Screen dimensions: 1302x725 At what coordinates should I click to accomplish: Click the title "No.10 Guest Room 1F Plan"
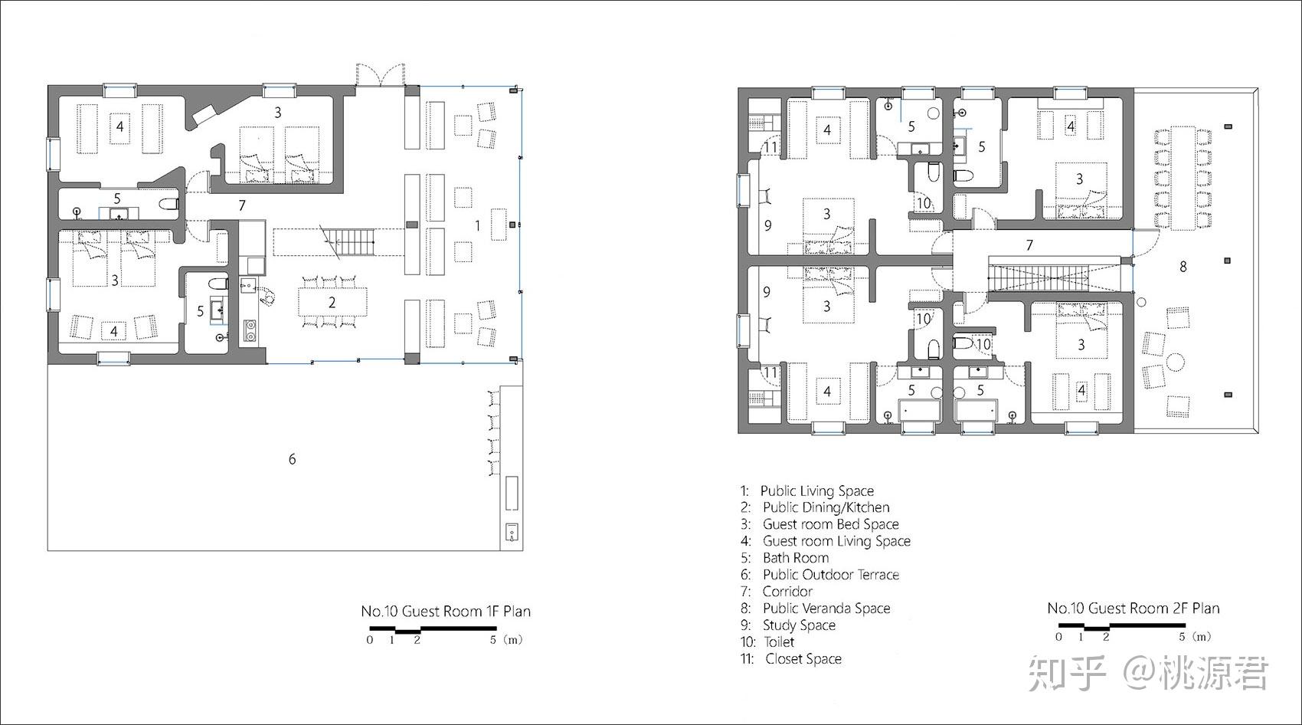tap(445, 611)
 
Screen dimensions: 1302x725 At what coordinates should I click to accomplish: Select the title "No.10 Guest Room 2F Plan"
tap(1133, 608)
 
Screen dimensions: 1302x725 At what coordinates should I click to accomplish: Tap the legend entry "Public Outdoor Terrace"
tap(831, 575)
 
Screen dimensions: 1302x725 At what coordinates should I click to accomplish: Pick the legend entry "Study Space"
tap(799, 625)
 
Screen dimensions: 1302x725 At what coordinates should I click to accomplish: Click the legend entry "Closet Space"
tap(803, 658)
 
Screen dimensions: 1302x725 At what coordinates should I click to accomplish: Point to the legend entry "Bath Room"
tap(796, 558)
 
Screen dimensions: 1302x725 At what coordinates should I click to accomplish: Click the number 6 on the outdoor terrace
tap(293, 459)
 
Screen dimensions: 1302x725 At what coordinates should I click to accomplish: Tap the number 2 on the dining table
tap(332, 303)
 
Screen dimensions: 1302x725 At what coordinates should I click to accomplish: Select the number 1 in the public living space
tap(477, 225)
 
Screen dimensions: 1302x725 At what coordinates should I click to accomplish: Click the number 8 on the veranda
tap(1183, 267)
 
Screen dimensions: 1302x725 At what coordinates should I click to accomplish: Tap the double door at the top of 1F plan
tap(380, 74)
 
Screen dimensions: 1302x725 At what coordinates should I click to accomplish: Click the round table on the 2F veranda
tap(1176, 362)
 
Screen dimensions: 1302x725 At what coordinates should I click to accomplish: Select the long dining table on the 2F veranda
tap(1183, 178)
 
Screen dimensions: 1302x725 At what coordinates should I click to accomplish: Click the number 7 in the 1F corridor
tap(242, 205)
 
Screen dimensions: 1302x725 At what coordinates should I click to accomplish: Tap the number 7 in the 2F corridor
tap(1029, 245)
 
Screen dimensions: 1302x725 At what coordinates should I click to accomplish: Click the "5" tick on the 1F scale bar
tap(493, 639)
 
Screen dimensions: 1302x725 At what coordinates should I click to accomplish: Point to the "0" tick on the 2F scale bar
tap(1058, 637)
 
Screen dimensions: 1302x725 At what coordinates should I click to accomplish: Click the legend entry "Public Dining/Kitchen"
tap(826, 507)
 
